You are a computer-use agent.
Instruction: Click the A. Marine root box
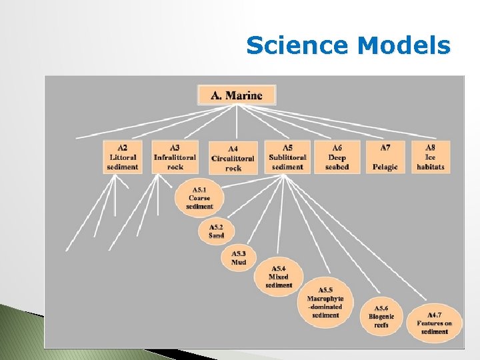237,95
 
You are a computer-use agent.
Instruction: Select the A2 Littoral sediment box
123,157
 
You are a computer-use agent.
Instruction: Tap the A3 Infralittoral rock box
175,157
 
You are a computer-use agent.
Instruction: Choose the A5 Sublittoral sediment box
288,157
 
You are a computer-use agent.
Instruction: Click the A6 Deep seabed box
337,157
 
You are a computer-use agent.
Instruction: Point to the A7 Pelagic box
385,157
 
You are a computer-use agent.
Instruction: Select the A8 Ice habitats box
431,157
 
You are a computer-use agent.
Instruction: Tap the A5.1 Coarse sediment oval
199,197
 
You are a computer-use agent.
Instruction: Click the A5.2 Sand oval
217,231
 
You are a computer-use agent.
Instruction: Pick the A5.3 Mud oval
239,258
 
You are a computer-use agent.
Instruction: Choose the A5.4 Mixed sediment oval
279,276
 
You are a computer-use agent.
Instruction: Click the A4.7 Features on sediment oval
434,323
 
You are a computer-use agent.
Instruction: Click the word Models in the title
404,46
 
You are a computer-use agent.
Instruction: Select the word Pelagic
385,167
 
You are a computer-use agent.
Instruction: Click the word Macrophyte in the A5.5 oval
325,298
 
